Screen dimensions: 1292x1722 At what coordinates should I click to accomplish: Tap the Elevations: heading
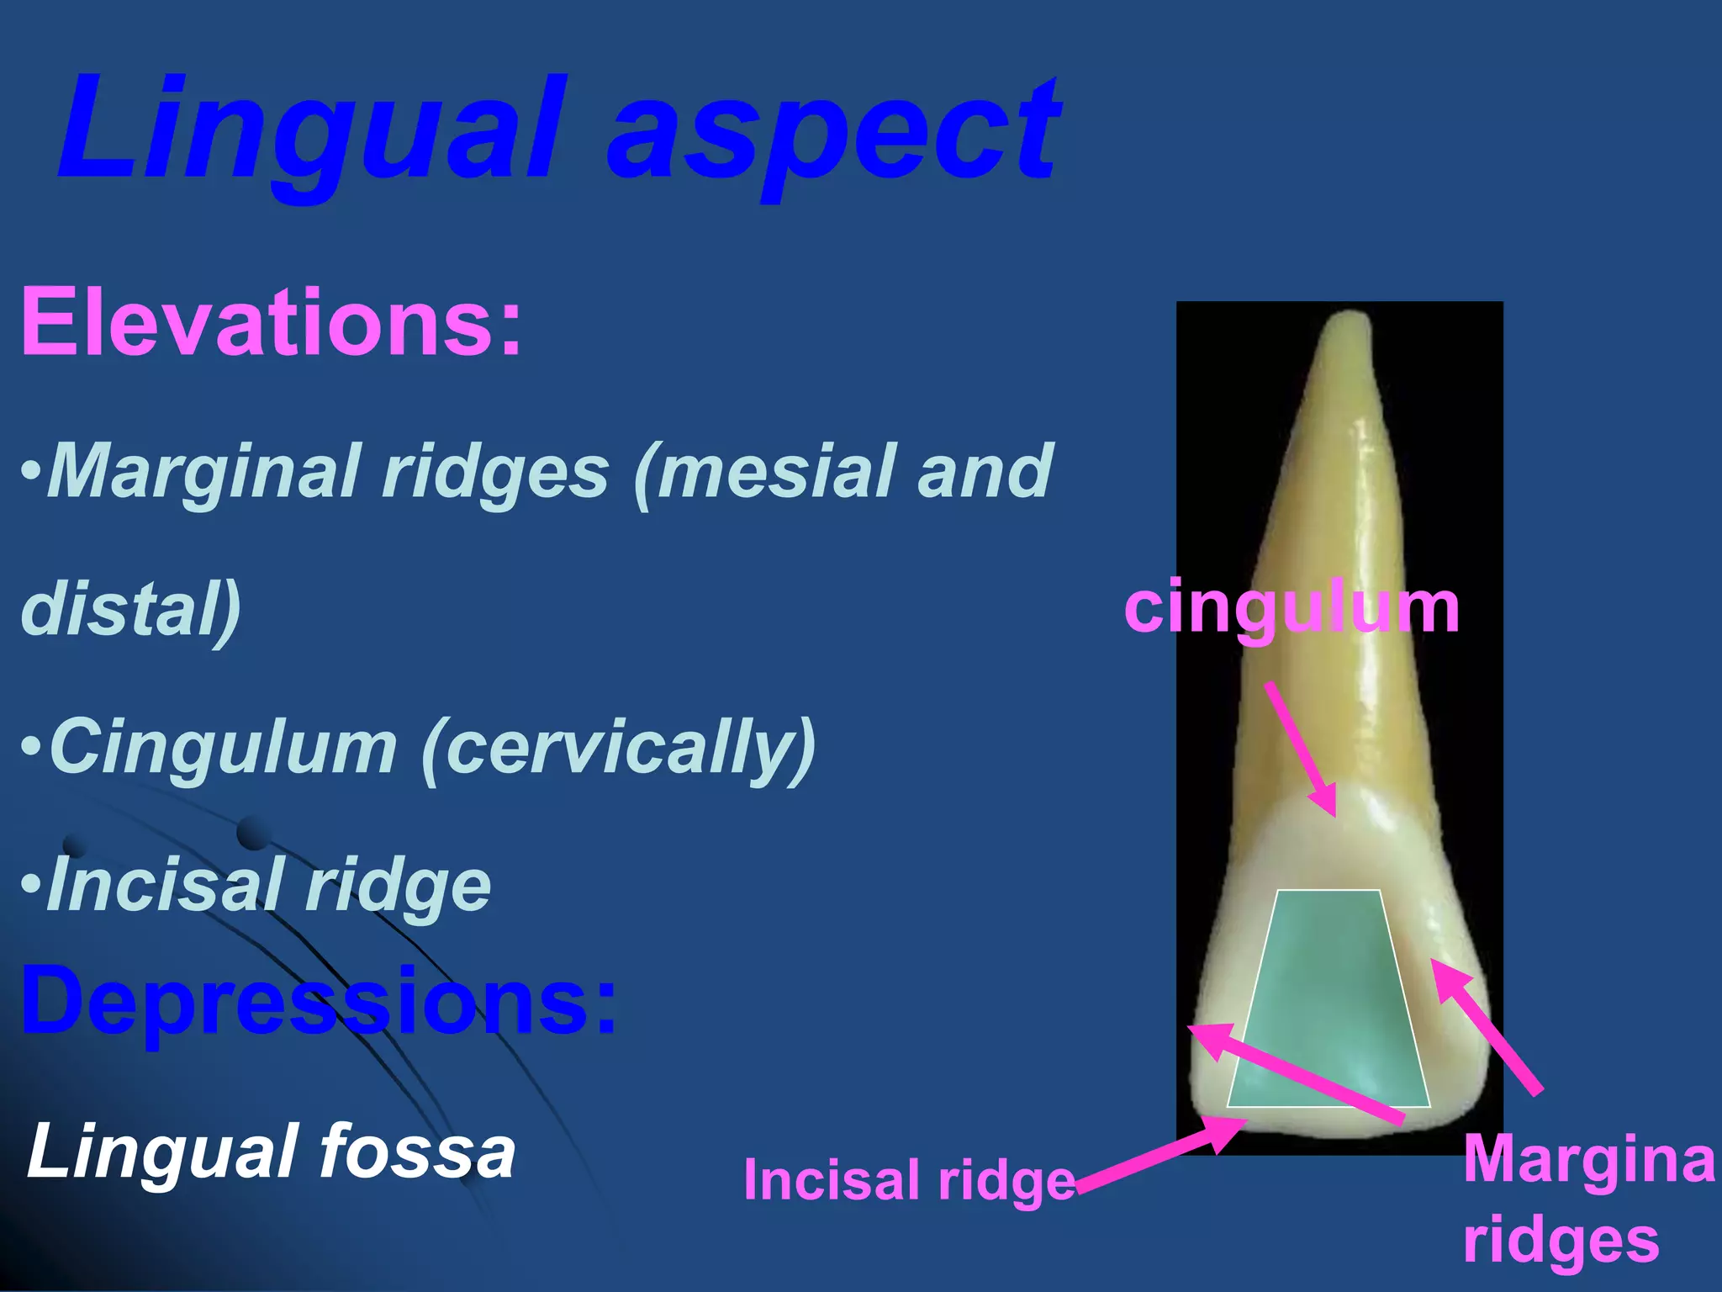tap(271, 322)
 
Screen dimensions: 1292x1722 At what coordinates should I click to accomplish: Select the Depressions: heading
tap(320, 1001)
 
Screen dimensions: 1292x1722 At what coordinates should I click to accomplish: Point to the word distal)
tap(131, 608)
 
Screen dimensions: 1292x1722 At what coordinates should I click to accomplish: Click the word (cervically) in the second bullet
tap(619, 747)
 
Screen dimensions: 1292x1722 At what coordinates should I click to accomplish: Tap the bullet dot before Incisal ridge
tap(30, 885)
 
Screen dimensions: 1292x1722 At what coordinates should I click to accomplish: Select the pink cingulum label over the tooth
tap(1291, 608)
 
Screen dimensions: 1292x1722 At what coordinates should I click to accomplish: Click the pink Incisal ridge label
tap(909, 1179)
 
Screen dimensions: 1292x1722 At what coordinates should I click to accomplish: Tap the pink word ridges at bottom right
tap(1561, 1240)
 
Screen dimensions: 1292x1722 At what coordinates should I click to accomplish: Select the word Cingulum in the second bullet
tap(224, 747)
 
